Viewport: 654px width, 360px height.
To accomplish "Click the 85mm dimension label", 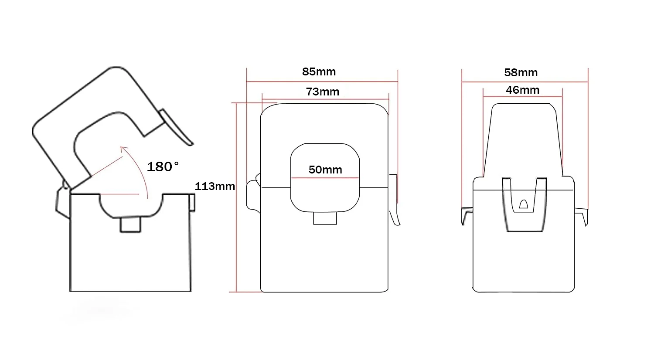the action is pyautogui.click(x=319, y=72).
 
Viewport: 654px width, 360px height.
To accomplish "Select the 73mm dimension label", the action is pyautogui.click(x=323, y=92).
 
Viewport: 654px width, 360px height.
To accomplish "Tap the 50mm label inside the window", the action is pyautogui.click(x=325, y=170).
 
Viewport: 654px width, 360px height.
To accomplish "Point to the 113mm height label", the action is pyautogui.click(x=215, y=186).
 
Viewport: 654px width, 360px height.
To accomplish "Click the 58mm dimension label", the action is pyautogui.click(x=521, y=73).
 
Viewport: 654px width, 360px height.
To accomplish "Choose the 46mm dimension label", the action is pyautogui.click(x=523, y=90).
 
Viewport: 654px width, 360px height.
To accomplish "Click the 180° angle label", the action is pyautogui.click(x=163, y=167).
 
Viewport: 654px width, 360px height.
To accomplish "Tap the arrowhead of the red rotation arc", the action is pyautogui.click(x=124, y=149).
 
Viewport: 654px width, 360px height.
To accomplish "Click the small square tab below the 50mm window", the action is pyautogui.click(x=325, y=218).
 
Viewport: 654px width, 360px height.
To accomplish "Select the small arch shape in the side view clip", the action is pyautogui.click(x=524, y=204).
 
